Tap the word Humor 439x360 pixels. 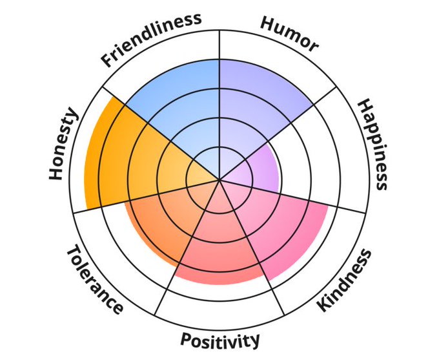289,33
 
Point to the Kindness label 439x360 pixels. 345,280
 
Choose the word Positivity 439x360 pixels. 220,339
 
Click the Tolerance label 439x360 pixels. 94,279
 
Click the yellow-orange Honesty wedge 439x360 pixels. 129,158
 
